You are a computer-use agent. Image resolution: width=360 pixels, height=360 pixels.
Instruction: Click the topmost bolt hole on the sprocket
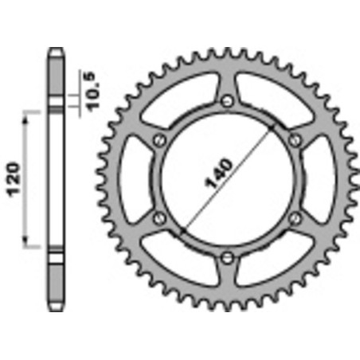(228, 101)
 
